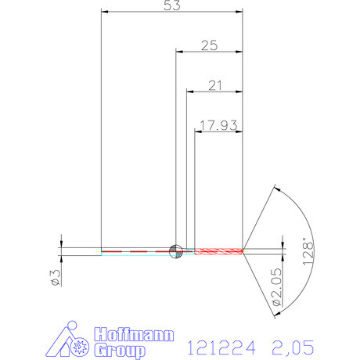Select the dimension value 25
208,45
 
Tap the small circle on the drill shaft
176,250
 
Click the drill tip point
244,250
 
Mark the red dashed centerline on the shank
137,250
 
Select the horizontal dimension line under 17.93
218,131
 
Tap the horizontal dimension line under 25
208,52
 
